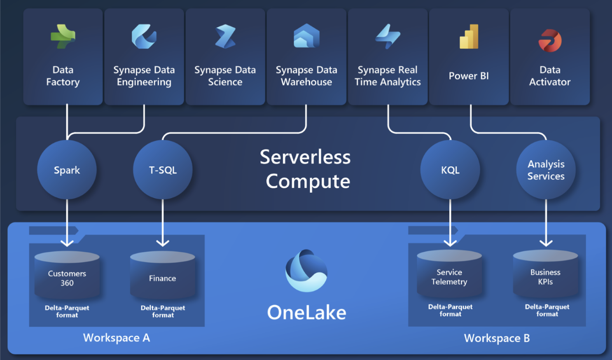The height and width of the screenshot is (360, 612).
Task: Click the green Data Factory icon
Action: click(x=63, y=37)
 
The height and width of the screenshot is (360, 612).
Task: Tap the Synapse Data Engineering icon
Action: click(x=144, y=37)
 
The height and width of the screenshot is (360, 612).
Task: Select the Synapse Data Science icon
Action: click(x=225, y=37)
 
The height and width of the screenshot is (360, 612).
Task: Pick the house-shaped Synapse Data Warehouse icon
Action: click(x=306, y=36)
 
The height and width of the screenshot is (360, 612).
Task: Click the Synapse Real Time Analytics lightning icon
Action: click(x=388, y=37)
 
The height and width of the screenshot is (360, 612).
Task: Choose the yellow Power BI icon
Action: click(x=469, y=37)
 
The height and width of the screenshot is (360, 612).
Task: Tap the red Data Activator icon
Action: click(x=550, y=40)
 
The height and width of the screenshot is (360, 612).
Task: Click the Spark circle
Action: click(x=67, y=170)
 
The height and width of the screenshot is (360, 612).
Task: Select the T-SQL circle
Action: click(x=163, y=170)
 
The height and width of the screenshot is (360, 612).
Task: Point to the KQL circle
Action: click(x=450, y=170)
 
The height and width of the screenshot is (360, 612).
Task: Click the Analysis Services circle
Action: click(x=546, y=170)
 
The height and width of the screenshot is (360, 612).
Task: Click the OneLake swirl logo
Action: click(x=306, y=271)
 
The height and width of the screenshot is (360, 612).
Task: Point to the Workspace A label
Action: click(x=117, y=338)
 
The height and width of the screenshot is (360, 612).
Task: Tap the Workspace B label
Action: click(x=497, y=338)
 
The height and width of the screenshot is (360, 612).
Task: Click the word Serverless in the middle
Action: click(x=305, y=157)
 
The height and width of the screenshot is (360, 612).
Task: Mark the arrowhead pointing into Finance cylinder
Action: click(x=163, y=243)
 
